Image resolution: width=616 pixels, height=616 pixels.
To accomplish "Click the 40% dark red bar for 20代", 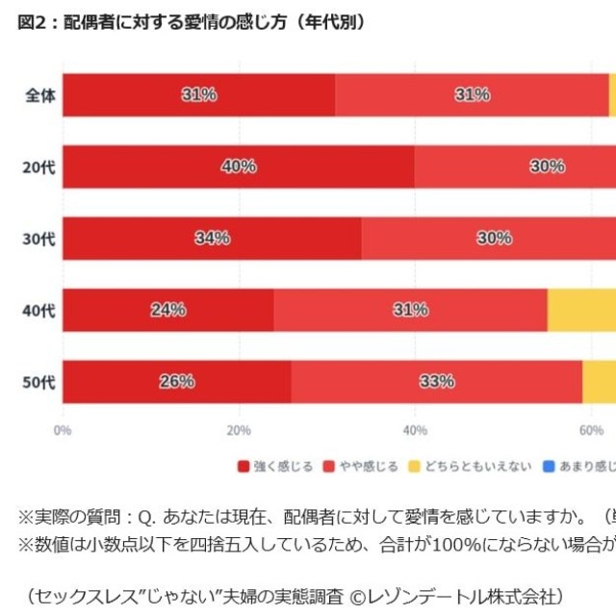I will click(x=238, y=167).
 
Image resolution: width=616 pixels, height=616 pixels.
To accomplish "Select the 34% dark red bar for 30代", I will click(x=212, y=238).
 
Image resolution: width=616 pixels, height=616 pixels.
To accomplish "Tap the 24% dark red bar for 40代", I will click(x=168, y=310).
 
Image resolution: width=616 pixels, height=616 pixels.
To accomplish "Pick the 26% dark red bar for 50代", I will click(x=177, y=382).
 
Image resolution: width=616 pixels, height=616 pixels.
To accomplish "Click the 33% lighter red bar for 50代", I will click(x=437, y=382).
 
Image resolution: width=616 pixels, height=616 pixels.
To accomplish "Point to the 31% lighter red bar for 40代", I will click(x=410, y=310).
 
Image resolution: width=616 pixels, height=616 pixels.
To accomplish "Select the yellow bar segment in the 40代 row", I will click(x=581, y=310).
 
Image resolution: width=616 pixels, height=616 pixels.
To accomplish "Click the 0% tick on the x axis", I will click(x=64, y=430).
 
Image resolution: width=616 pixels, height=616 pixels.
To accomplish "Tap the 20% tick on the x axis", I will click(x=239, y=430).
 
